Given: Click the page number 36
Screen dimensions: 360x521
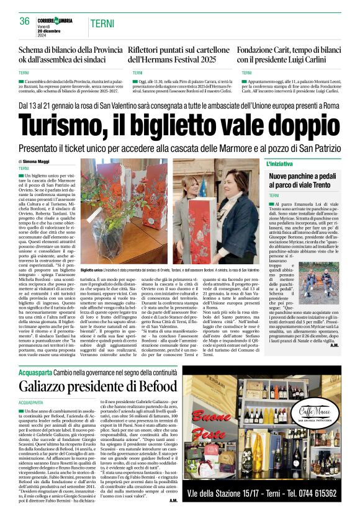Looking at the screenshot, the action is (25, 21).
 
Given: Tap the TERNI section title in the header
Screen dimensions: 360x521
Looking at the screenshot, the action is (101, 24).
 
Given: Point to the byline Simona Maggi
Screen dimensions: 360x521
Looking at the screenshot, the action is (36, 161).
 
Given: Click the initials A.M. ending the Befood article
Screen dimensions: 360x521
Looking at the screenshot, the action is (173, 500).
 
